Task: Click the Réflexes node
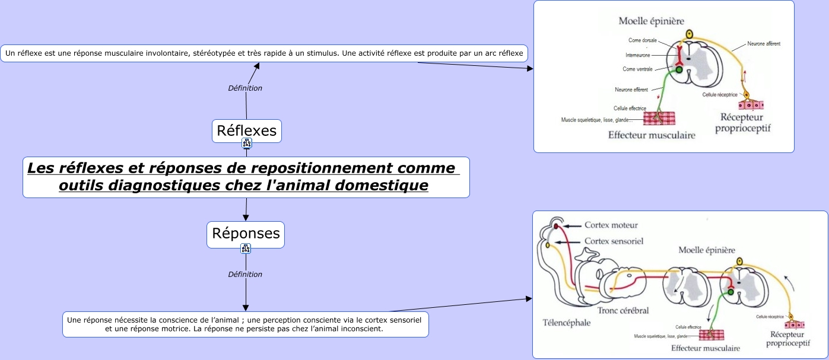point(246,130)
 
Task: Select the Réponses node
point(246,234)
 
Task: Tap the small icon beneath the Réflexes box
point(247,143)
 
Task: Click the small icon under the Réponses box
point(246,249)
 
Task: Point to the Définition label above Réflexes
point(245,88)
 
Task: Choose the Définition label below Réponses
point(245,275)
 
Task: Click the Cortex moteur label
point(611,225)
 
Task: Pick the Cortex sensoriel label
point(614,241)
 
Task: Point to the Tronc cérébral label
point(622,310)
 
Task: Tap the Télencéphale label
point(567,323)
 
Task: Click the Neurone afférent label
point(764,44)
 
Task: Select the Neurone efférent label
point(631,90)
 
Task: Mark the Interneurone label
point(638,55)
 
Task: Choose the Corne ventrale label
point(637,69)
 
